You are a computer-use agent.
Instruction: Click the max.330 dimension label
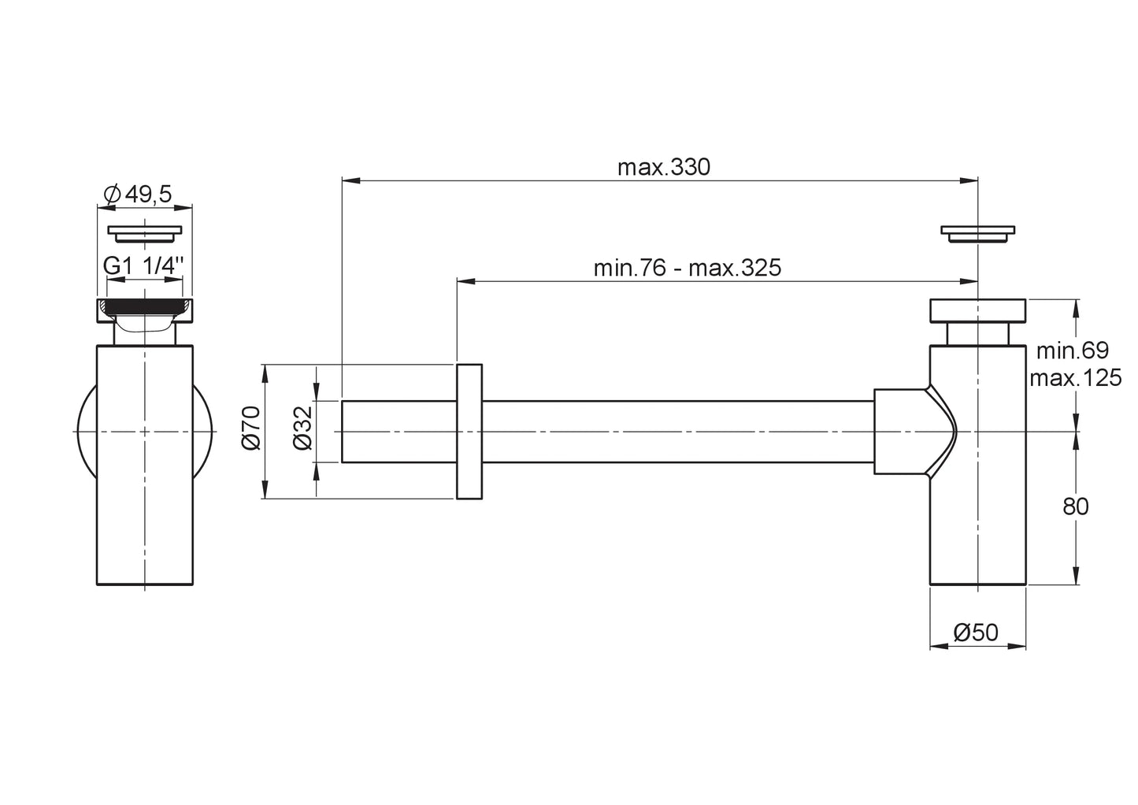click(x=663, y=168)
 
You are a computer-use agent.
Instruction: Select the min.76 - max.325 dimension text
click(x=687, y=268)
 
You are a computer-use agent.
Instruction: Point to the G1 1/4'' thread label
click(x=143, y=266)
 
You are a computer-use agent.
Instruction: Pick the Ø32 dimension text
click(x=304, y=432)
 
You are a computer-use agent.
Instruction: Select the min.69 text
click(x=1072, y=351)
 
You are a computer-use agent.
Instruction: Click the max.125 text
click(x=1075, y=378)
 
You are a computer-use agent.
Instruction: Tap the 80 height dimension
click(x=1075, y=506)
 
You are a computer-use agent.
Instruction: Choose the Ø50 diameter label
click(x=977, y=632)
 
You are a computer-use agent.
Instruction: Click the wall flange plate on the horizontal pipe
click(x=469, y=432)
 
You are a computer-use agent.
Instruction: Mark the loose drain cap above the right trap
click(x=977, y=233)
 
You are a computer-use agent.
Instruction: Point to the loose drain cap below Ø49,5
click(x=144, y=233)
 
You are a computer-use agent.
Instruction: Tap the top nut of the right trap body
click(x=977, y=311)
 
